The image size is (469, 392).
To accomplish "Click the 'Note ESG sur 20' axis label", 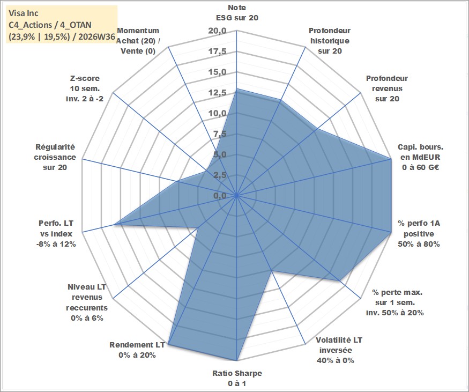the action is click(237, 12).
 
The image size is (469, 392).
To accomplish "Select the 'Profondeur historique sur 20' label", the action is click(330, 41).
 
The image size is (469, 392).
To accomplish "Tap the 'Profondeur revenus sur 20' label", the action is click(387, 88).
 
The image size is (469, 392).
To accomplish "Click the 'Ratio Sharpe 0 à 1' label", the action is click(237, 378).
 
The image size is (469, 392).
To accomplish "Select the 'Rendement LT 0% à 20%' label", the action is click(137, 350).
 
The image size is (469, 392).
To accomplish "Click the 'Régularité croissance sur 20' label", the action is click(55, 157).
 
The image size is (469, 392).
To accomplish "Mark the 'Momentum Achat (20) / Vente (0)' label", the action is click(138, 41).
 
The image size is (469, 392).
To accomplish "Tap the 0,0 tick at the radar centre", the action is click(220, 196).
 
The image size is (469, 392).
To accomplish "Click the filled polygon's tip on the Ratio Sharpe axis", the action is click(237, 360).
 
